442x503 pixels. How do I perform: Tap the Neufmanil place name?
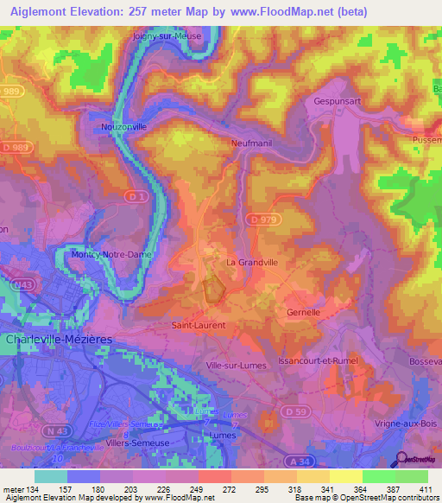[x=251, y=143]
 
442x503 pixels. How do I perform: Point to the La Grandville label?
[x=251, y=261]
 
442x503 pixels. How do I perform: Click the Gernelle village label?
[x=303, y=311]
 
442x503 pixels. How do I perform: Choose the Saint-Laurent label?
[x=199, y=326]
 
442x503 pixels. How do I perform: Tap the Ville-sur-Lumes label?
[x=234, y=366]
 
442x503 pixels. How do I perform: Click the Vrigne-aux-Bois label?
[x=406, y=423]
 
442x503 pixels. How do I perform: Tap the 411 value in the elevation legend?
[x=426, y=490]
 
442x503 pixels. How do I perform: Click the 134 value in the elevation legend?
[x=30, y=490]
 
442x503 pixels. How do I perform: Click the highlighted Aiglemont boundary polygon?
[x=213, y=289]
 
